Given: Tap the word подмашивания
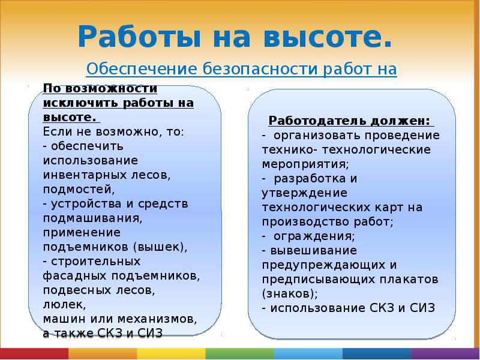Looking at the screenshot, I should [91, 218].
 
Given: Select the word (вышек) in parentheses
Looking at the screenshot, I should [160, 247].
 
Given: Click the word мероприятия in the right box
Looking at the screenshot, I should [304, 164].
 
